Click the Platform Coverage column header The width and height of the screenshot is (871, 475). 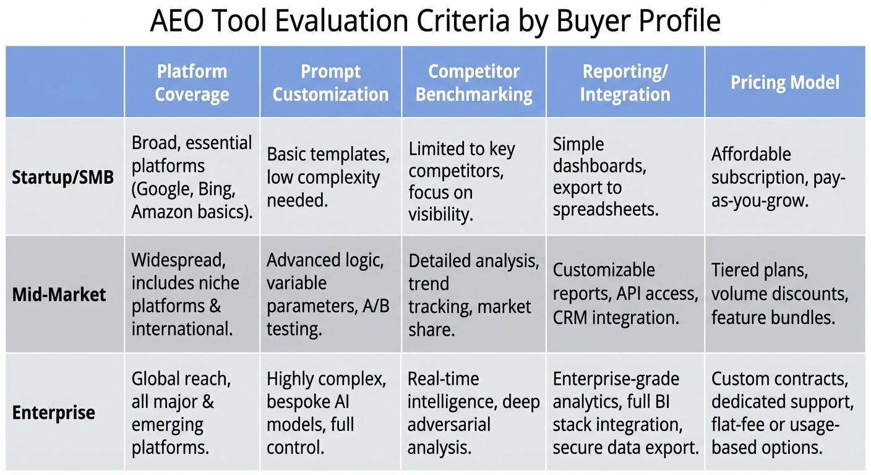coord(192,82)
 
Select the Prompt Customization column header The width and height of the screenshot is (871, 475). coord(330,82)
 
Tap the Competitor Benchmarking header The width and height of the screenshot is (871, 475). coord(474,82)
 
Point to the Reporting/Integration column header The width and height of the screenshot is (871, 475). coord(625,82)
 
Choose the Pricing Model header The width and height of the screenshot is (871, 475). coord(785,82)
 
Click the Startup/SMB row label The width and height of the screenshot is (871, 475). coord(62,178)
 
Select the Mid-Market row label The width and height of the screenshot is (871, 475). coord(59,294)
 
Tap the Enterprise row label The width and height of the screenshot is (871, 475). coord(53,413)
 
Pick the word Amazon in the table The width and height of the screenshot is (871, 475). coord(162,212)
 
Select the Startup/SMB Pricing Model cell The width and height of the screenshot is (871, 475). coord(778,178)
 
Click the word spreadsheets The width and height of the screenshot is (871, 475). coord(606,210)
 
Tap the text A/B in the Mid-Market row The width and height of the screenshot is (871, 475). coord(376,306)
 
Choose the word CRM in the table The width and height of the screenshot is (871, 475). coord(570,317)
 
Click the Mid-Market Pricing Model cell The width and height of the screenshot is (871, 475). coord(779,294)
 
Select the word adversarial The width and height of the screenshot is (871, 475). coord(448,424)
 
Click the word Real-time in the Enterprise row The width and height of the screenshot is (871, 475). coord(443,379)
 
